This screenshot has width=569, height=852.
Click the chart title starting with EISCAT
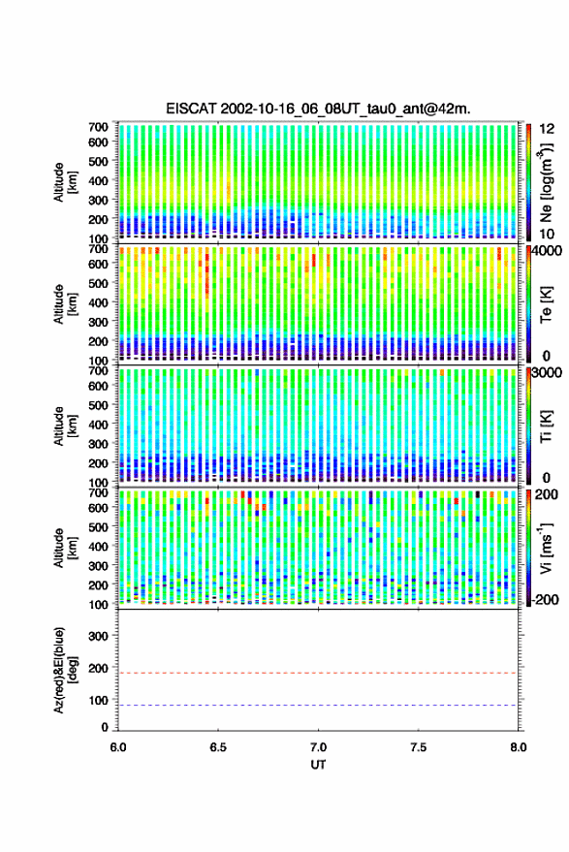point(318,109)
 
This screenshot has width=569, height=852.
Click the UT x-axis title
point(318,765)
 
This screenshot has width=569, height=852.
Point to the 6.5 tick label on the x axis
point(218,747)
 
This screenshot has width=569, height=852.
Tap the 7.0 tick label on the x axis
point(318,747)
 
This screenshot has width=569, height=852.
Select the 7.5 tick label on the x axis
point(418,747)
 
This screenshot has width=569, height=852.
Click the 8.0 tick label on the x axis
point(518,747)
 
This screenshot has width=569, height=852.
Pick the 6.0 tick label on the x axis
point(118,747)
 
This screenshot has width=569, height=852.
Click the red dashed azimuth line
point(318,673)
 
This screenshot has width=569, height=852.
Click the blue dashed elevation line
point(318,706)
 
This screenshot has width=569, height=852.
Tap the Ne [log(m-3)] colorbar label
point(546,182)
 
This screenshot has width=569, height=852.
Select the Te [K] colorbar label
point(546,304)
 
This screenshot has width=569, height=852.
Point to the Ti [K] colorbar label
point(546,426)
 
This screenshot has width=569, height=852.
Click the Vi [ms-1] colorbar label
point(546,548)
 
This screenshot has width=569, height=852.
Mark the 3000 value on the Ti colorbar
point(548,372)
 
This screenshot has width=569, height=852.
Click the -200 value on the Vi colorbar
point(546,599)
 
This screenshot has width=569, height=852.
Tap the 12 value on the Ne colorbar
point(548,128)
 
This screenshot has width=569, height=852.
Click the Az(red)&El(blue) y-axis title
point(65,670)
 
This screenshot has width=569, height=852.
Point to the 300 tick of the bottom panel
point(98,636)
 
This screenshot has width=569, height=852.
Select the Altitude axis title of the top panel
point(65,182)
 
